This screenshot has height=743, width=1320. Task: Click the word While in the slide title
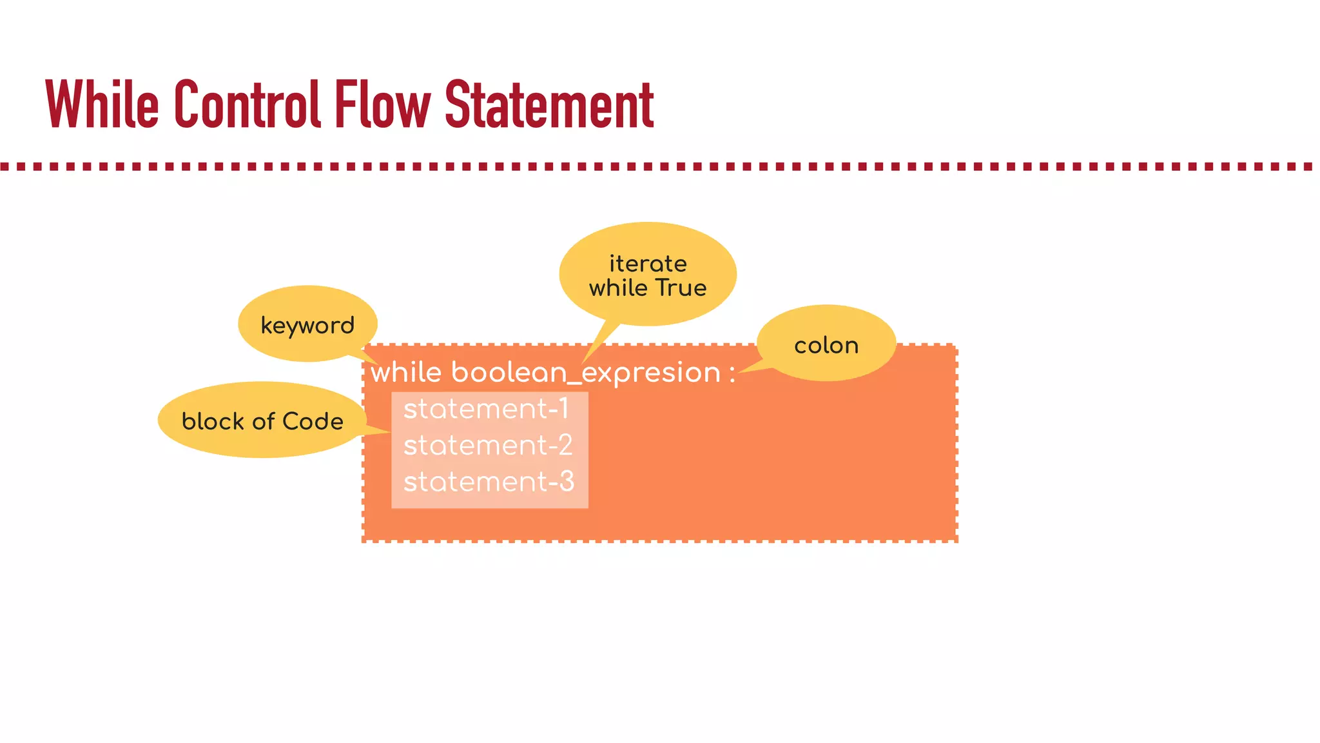tap(102, 104)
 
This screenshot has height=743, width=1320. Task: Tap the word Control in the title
tap(247, 104)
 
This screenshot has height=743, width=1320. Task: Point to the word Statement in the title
tap(549, 104)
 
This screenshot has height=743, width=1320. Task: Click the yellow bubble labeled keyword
tap(307, 324)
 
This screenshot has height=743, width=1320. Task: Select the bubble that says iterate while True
tap(648, 275)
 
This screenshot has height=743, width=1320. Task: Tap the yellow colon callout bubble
tap(826, 344)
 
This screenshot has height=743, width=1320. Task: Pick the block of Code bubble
tap(262, 421)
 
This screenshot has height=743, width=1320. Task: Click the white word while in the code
tap(406, 373)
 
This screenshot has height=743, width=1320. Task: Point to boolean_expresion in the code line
tap(585, 373)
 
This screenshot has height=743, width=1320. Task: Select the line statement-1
tap(486, 409)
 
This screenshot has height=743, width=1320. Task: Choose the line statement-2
tap(488, 446)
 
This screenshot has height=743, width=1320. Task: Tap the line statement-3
tap(489, 482)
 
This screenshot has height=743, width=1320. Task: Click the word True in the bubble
tap(681, 288)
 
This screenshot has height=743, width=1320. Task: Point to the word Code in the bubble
tap(313, 421)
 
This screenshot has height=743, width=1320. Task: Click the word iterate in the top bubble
tap(648, 264)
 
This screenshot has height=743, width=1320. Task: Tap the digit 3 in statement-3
tap(567, 482)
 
